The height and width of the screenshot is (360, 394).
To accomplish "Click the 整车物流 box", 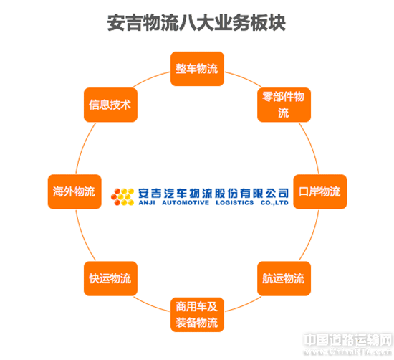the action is tap(197, 69).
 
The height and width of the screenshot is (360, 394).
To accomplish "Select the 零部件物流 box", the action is tap(284, 105).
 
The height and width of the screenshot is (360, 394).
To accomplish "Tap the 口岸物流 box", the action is tap(320, 191).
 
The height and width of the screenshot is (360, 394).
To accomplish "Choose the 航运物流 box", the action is tap(284, 278).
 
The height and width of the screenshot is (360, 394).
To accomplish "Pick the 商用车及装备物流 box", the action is tap(197, 315).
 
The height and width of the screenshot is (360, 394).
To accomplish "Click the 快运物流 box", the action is tap(110, 278).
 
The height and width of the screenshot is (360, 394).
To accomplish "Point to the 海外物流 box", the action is tap(75, 191).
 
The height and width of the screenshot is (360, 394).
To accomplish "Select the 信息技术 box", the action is tap(110, 105).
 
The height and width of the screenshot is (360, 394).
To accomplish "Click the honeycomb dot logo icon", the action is tap(122, 196).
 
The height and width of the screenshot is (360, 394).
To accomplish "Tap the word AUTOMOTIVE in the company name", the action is tap(186, 203).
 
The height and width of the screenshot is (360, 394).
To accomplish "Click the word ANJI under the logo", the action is tap(147, 203).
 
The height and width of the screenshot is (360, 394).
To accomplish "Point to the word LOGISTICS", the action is tap(235, 203).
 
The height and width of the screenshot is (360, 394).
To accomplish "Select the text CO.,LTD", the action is tap(274, 203).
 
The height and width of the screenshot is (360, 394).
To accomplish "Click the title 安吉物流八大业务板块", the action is tap(196, 23).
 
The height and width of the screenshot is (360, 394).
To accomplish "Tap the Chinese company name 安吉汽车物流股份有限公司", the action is tap(213, 194).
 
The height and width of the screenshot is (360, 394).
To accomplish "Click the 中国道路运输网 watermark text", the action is tap(348, 340).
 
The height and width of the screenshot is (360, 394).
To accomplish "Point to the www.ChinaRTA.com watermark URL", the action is tap(348, 351).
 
